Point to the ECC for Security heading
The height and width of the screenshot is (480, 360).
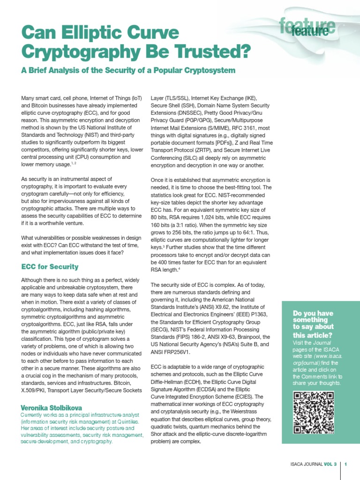[x=50, y=267]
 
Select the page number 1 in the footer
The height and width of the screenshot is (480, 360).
[x=345, y=465]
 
